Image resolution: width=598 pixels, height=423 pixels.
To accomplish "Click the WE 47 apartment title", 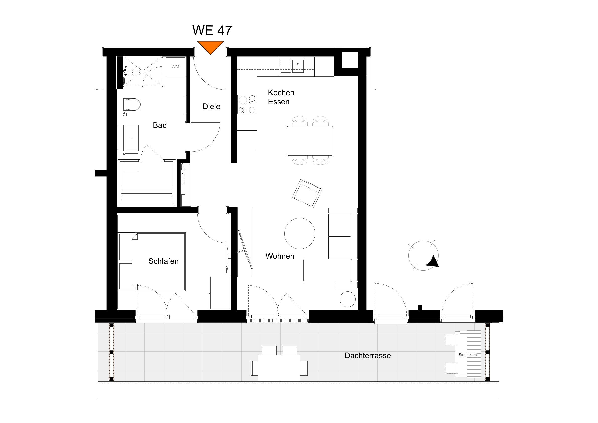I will point(212,30).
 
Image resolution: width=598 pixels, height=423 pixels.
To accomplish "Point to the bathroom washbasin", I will point(131,137).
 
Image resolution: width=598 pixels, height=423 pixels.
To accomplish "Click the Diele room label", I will point(211,106).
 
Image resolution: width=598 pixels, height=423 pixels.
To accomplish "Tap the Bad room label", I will point(160,125).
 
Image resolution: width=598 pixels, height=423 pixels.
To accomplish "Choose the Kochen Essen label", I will point(281,97).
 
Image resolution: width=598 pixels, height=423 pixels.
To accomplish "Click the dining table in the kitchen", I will point(310,141).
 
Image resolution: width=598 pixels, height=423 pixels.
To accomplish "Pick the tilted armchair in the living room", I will point(307,193).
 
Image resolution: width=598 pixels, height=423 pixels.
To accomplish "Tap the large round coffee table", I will point(300,233).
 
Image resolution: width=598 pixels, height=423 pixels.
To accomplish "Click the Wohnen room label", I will point(280,256).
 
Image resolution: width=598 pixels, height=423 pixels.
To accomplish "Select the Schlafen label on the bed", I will point(163,261).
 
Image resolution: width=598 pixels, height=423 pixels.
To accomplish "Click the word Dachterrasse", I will point(367,355).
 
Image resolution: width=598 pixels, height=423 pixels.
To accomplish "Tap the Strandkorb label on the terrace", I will point(467,355).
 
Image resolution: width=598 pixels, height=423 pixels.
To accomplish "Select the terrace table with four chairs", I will point(279,367).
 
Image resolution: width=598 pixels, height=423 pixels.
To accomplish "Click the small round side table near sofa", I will point(347,299).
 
